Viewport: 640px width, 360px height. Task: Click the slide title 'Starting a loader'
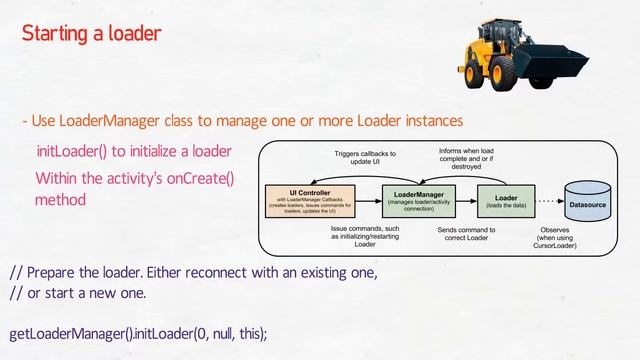coord(91,34)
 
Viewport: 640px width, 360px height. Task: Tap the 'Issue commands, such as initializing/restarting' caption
coord(365,235)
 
